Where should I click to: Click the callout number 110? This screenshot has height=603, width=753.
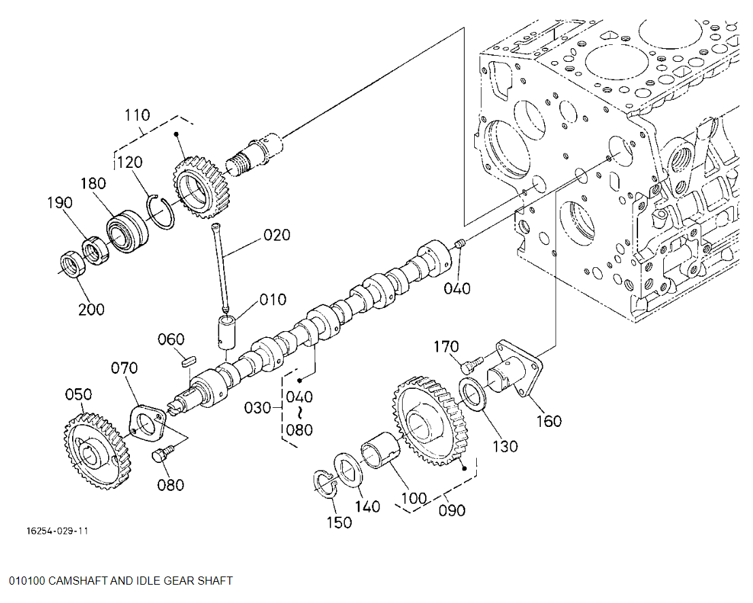click(x=137, y=115)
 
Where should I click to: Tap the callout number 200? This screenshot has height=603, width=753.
click(x=91, y=309)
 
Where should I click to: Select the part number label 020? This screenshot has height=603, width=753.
click(x=277, y=235)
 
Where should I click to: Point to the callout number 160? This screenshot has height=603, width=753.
click(x=549, y=421)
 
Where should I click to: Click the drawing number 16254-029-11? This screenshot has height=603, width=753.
click(x=57, y=530)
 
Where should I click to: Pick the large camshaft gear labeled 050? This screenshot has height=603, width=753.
click(x=98, y=451)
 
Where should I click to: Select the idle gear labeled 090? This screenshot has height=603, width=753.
click(x=431, y=421)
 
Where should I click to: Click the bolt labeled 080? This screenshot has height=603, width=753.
click(x=163, y=453)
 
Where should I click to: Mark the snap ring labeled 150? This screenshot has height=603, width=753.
click(x=324, y=483)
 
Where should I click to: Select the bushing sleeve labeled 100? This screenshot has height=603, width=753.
click(x=381, y=449)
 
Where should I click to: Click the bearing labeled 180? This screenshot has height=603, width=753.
click(x=127, y=231)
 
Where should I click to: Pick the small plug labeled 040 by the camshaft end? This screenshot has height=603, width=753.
click(x=459, y=244)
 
